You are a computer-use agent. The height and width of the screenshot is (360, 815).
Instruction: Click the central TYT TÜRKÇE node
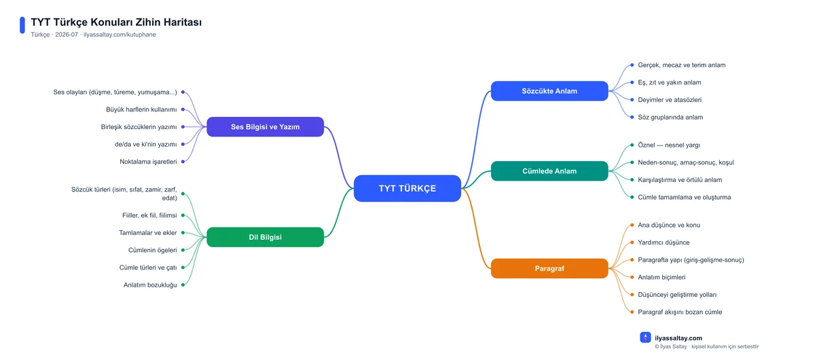(407, 188)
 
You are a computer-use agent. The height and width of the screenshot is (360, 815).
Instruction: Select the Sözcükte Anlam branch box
(549, 91)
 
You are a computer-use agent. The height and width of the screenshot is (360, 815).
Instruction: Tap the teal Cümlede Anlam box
(549, 171)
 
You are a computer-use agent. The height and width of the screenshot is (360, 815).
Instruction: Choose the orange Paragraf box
(549, 268)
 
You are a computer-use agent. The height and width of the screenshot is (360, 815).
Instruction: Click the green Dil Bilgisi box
(266, 237)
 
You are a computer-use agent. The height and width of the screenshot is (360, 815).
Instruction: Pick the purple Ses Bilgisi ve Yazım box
(266, 126)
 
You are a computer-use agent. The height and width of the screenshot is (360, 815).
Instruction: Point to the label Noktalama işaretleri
(148, 162)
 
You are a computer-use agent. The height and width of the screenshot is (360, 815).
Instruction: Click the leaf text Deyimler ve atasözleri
(670, 100)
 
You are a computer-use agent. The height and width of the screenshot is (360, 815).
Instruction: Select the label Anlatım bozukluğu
(150, 285)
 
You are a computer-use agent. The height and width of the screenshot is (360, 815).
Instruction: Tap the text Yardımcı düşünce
(664, 242)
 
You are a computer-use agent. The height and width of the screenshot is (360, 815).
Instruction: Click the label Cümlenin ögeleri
(152, 250)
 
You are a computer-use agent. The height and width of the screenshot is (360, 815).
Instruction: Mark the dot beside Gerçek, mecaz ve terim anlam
(632, 65)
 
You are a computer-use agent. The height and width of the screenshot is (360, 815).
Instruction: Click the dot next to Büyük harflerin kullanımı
(183, 109)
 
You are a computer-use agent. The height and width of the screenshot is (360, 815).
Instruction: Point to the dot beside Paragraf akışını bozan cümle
(632, 312)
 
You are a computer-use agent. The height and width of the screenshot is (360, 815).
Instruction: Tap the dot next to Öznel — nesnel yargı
(632, 145)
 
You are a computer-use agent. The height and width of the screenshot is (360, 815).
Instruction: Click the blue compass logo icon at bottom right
(645, 338)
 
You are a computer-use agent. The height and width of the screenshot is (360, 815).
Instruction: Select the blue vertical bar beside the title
(22, 25)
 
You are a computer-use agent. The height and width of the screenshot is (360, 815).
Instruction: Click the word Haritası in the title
(182, 22)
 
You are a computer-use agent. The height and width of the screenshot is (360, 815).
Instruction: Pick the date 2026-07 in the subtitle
(67, 35)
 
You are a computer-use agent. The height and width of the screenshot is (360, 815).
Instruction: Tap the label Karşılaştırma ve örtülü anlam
(680, 180)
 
